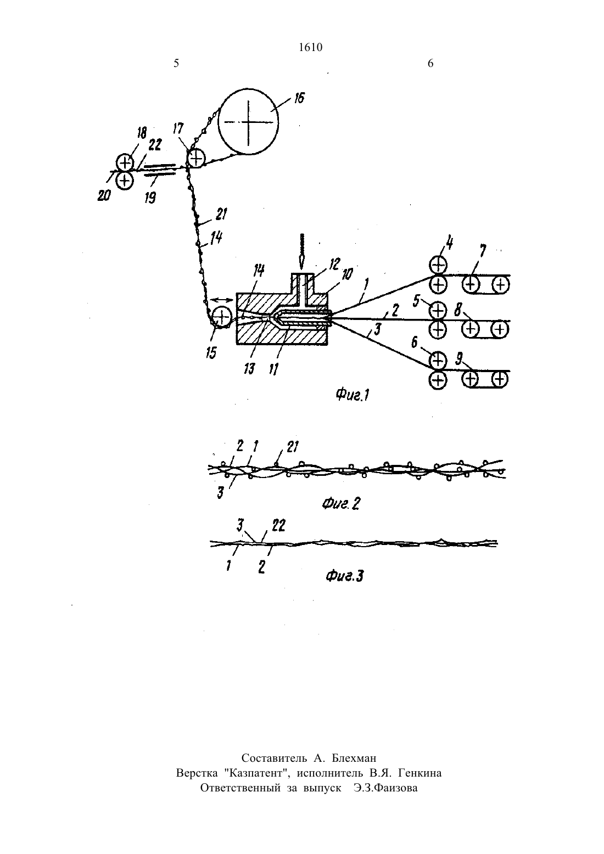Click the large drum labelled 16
pos(248,121)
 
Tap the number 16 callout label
pos(299,98)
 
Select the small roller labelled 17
pos(196,158)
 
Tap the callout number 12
pos(334,264)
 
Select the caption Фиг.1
pos(352,395)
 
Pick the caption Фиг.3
pos(344,576)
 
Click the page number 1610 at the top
pos(311,47)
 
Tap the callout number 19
pos(150,198)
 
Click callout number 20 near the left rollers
pos(104,196)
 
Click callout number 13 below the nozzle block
pos(249,369)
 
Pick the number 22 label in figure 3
pos(279,526)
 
